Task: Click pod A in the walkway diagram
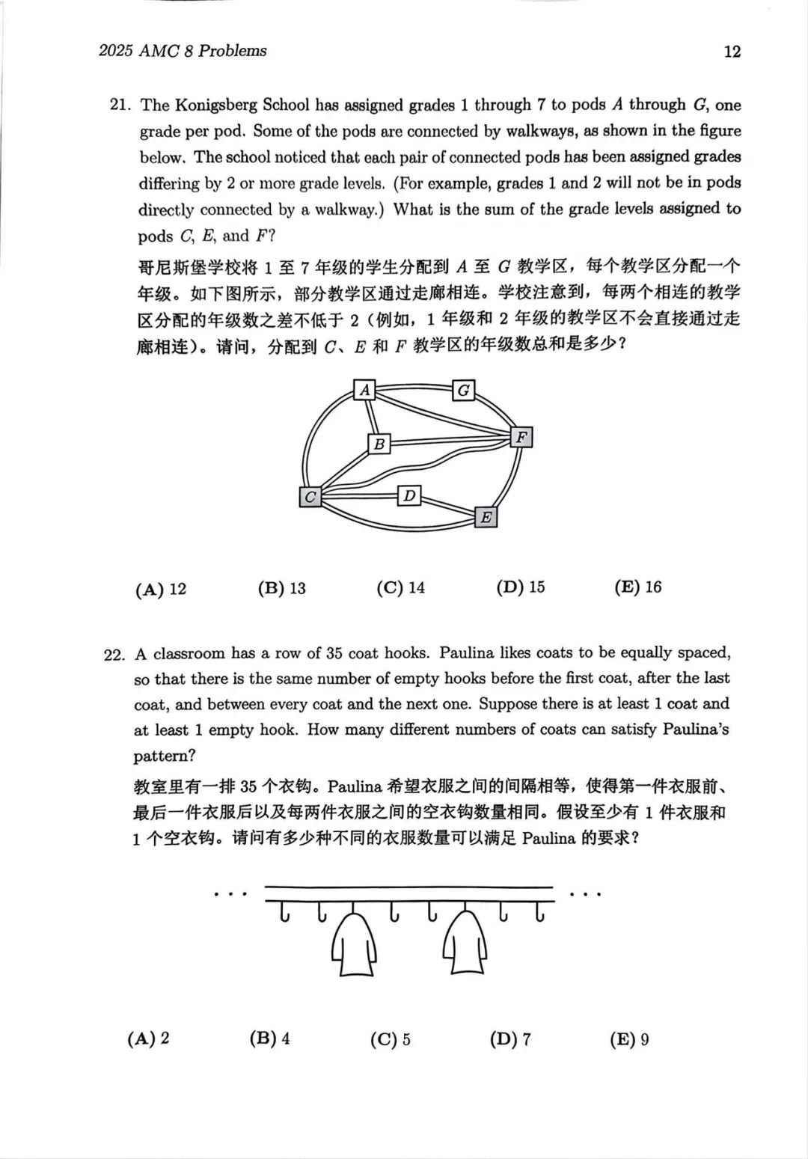[364, 390]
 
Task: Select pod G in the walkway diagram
[464, 390]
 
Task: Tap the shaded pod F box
[521, 437]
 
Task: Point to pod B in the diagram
[379, 444]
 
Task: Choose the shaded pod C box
[310, 496]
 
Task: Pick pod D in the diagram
[408, 495]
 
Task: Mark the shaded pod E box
[486, 517]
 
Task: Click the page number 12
[732, 51]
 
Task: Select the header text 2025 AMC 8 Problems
[183, 51]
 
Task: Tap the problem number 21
[120, 105]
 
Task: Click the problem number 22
[114, 655]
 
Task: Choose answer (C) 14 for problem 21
[400, 588]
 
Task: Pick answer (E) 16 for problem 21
[638, 587]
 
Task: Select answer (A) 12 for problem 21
[161, 590]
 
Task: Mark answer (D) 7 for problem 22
[510, 1039]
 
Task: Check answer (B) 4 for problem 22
[269, 1039]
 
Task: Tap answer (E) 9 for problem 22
[629, 1039]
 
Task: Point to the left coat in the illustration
[353, 941]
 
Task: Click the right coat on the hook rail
[465, 941]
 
